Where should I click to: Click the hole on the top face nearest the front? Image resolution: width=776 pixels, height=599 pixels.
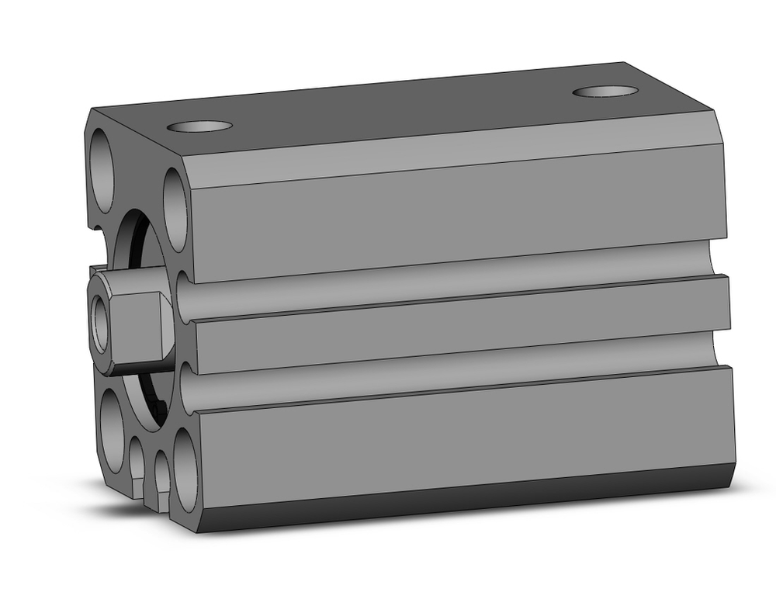(x=200, y=126)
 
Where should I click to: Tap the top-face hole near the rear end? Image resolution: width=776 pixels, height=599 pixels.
(x=605, y=91)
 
